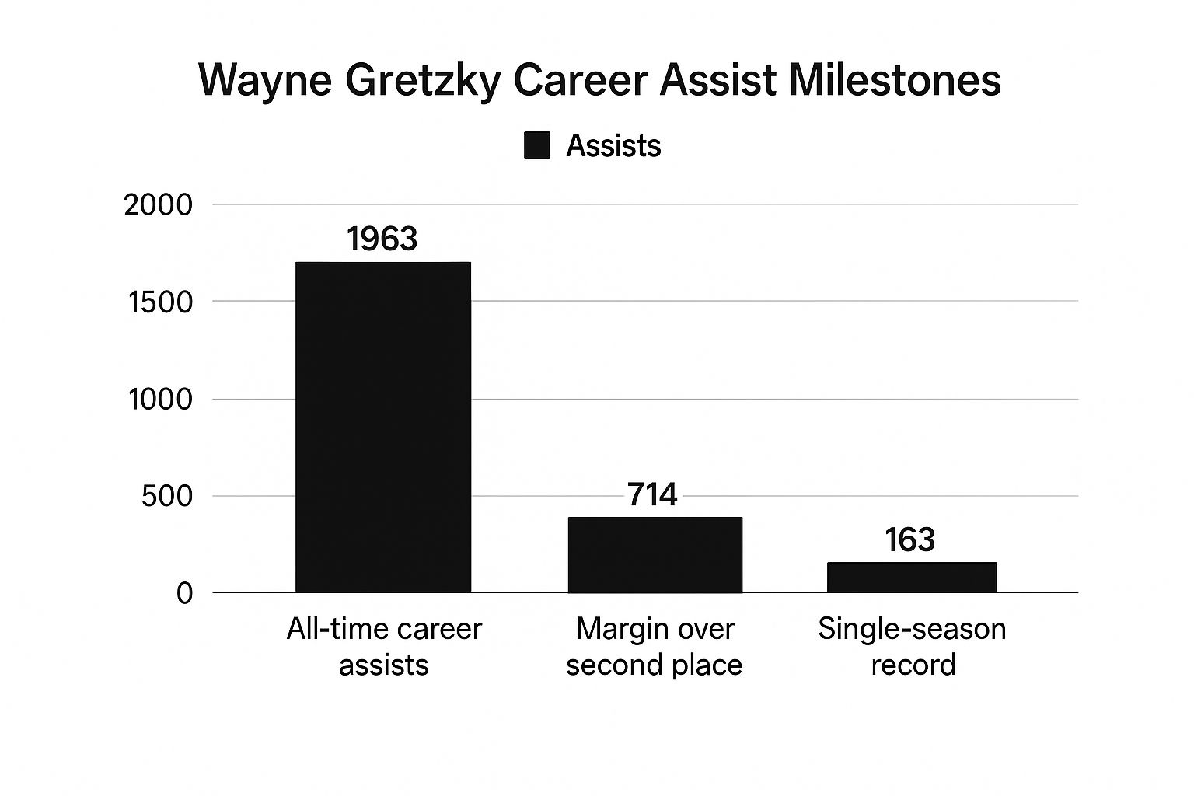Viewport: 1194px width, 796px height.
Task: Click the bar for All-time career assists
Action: (x=383, y=427)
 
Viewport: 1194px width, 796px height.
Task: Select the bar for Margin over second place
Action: (x=655, y=554)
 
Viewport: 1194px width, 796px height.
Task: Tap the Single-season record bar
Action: (x=911, y=577)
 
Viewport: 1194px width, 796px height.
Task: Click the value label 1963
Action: (x=382, y=239)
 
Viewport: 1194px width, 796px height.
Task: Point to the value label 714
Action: (x=651, y=494)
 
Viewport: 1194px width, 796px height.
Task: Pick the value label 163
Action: (x=909, y=540)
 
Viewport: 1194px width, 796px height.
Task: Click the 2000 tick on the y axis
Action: (x=158, y=205)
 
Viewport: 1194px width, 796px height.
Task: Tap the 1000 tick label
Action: (x=159, y=400)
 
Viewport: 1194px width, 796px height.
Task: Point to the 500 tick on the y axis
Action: (x=166, y=497)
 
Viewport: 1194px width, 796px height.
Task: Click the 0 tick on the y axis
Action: (x=184, y=594)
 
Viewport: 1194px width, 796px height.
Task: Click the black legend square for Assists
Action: (x=537, y=145)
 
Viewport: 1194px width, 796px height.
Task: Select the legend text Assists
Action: (x=613, y=146)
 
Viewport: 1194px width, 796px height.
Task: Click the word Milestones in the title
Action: (x=894, y=79)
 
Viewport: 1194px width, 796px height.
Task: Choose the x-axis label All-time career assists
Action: (x=384, y=646)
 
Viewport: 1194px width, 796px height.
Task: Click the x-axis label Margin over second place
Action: (x=655, y=646)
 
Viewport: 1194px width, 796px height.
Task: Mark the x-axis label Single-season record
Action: (x=912, y=646)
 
